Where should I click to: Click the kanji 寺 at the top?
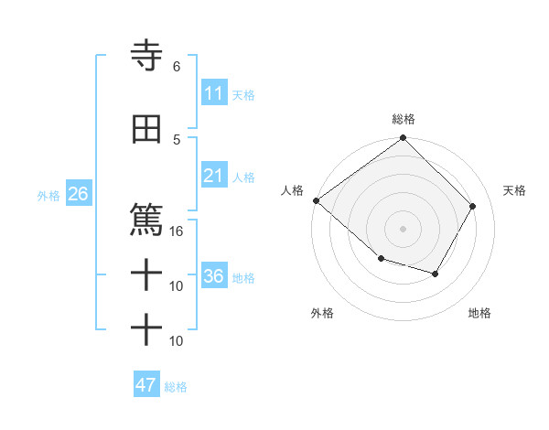pyautogui.click(x=146, y=57)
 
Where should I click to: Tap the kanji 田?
pyautogui.click(x=146, y=130)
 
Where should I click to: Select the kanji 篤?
pyautogui.click(x=146, y=220)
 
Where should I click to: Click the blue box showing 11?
pyautogui.click(x=214, y=93)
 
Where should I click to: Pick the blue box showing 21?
pyautogui.click(x=214, y=177)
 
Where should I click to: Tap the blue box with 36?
pyautogui.click(x=214, y=277)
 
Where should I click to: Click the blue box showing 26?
pyautogui.click(x=78, y=195)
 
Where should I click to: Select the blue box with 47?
pyautogui.click(x=146, y=385)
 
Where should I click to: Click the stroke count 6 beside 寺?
pyautogui.click(x=177, y=67)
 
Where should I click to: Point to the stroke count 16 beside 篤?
pyautogui.click(x=177, y=231)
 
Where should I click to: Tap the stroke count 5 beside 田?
pyautogui.click(x=177, y=139)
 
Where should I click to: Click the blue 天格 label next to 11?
pyautogui.click(x=243, y=94)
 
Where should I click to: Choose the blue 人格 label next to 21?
pyautogui.click(x=243, y=177)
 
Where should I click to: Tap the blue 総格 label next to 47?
pyautogui.click(x=176, y=387)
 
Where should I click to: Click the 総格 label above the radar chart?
pyautogui.click(x=403, y=119)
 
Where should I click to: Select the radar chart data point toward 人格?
pyautogui.click(x=316, y=200)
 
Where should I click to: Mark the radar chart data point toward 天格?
pyautogui.click(x=473, y=206)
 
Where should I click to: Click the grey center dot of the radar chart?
pyautogui.click(x=403, y=228)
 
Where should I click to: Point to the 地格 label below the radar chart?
pyautogui.click(x=479, y=313)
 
